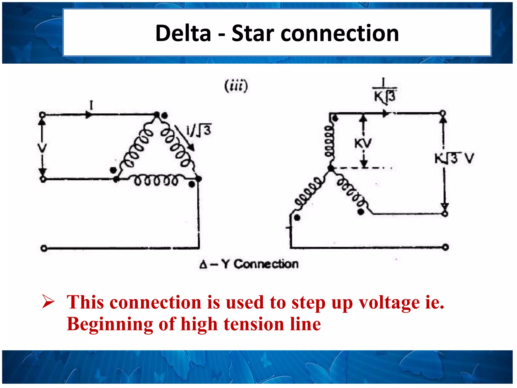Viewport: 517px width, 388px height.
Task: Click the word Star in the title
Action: coord(253,33)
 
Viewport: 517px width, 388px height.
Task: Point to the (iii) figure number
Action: coord(236,86)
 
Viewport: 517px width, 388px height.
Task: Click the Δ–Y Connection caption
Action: coord(249,264)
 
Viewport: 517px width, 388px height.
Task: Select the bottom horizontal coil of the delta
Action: coord(156,180)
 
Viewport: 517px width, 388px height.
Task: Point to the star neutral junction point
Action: coord(330,168)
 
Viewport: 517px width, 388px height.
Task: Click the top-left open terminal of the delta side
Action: coord(42,115)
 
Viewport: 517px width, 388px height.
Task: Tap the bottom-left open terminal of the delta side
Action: coord(44,248)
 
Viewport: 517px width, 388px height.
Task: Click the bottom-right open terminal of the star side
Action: coord(446,247)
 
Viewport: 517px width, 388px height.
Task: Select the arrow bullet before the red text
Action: coord(48,301)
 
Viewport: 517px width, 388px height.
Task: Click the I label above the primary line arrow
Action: coord(91,105)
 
